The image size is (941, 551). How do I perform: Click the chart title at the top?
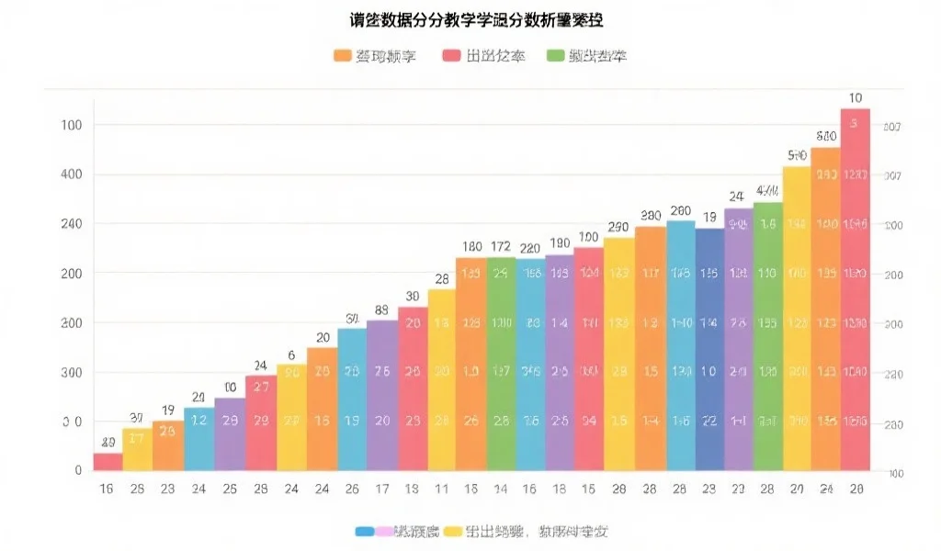tap(470, 20)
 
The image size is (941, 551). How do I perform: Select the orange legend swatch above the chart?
tap(342, 56)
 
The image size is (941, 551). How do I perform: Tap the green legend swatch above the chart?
tap(554, 56)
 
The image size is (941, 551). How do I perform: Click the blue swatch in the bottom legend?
tap(363, 531)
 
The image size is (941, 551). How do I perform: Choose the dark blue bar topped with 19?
tap(709, 349)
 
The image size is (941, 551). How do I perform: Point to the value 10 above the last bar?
tap(855, 98)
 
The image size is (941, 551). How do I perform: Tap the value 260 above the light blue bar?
tap(680, 211)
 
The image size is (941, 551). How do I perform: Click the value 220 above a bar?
tap(530, 248)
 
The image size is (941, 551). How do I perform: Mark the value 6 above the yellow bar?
tap(291, 355)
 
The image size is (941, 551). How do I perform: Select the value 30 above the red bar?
tap(412, 297)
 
